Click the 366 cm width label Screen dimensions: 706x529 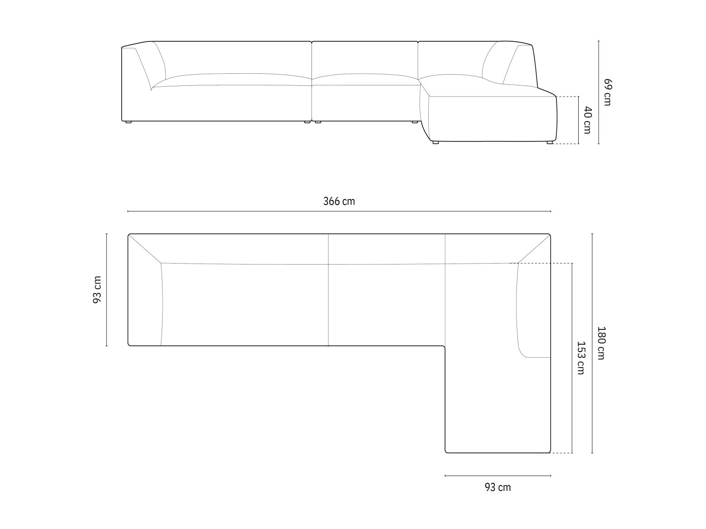pyautogui.click(x=339, y=201)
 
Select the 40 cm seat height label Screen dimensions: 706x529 pyautogui.click(x=587, y=120)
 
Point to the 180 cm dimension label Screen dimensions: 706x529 pyautogui.click(x=601, y=343)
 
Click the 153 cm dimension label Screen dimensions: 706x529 pyautogui.click(x=581, y=358)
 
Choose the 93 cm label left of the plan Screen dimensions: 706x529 pyautogui.click(x=97, y=290)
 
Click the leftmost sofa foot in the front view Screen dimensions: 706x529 pyautogui.click(x=128, y=123)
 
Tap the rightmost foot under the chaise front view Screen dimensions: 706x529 pyautogui.click(x=549, y=142)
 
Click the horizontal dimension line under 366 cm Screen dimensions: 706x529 pyautogui.click(x=339, y=211)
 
